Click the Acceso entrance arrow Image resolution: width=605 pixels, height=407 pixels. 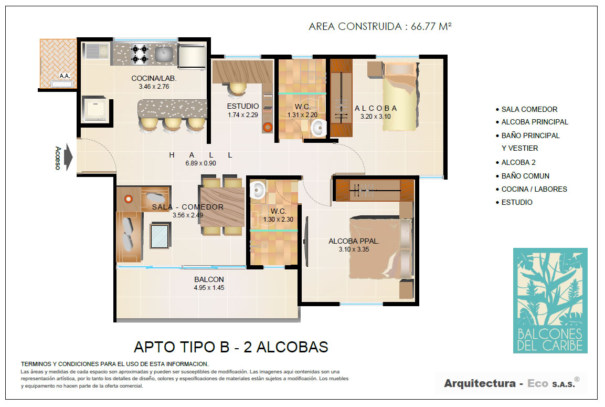[x=68, y=157]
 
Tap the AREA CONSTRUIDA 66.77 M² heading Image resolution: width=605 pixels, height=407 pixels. [x=380, y=26]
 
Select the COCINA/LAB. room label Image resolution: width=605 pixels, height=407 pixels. [x=154, y=78]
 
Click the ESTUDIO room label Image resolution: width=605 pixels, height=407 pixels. [x=243, y=106]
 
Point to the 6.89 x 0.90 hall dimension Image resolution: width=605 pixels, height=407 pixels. [x=200, y=163]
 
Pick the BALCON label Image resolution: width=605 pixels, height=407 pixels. [x=209, y=279]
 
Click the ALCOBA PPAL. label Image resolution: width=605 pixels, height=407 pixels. [x=354, y=241]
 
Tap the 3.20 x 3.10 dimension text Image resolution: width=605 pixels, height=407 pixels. [x=375, y=116]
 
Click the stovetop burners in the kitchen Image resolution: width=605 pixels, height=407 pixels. [x=140, y=54]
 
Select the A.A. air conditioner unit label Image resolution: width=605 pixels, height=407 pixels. [x=65, y=76]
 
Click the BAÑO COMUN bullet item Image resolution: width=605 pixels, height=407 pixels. [x=523, y=176]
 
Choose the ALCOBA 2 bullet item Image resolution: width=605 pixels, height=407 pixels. [x=516, y=163]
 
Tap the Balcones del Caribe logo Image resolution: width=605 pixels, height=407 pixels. [x=550, y=300]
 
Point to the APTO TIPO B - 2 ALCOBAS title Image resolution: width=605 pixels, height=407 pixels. [x=231, y=347]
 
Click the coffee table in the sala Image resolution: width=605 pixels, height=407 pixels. [x=160, y=236]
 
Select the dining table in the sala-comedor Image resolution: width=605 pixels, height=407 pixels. [x=222, y=206]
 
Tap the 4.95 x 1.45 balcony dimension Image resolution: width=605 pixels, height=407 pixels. [x=209, y=288]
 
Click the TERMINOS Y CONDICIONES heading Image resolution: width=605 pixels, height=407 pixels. [x=114, y=364]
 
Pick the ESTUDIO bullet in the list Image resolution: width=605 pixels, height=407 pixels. [x=514, y=202]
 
